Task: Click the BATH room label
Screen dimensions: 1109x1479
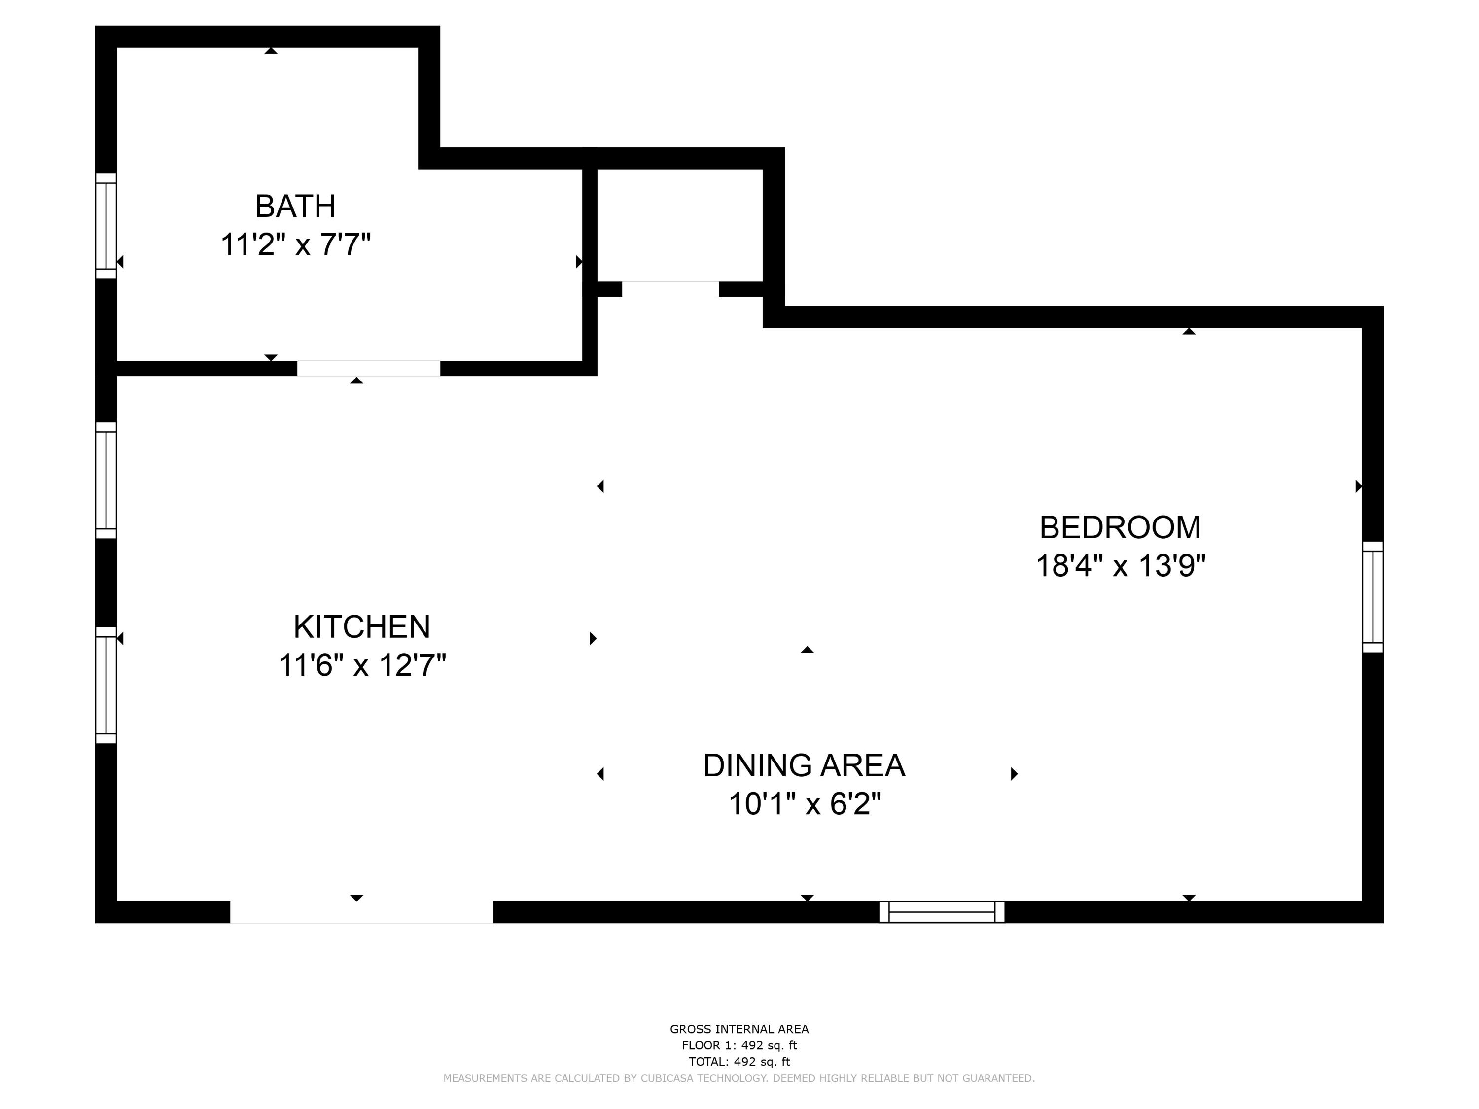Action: coord(295,206)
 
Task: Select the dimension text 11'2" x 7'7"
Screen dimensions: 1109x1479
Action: coord(295,244)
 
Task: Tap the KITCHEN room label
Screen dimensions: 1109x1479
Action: coord(362,627)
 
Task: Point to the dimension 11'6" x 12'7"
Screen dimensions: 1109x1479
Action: coord(362,666)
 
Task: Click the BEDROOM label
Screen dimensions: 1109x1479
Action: coord(1120,527)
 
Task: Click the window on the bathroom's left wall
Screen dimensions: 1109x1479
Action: coord(106,226)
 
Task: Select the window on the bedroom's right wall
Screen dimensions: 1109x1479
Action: coord(1373,597)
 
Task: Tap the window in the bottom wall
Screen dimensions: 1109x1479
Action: coord(942,912)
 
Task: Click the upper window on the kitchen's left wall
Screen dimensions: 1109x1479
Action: coord(106,480)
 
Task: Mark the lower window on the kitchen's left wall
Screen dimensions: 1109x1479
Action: coord(106,685)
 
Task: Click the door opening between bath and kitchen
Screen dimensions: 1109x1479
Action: coord(368,368)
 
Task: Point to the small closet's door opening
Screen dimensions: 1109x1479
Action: coord(670,289)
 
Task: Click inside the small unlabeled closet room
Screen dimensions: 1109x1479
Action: coord(679,224)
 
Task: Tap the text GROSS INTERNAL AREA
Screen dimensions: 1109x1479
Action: coord(739,1029)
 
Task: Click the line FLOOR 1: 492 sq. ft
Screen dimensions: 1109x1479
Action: coord(739,1045)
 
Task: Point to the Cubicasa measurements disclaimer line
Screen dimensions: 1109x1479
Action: coord(739,1078)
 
